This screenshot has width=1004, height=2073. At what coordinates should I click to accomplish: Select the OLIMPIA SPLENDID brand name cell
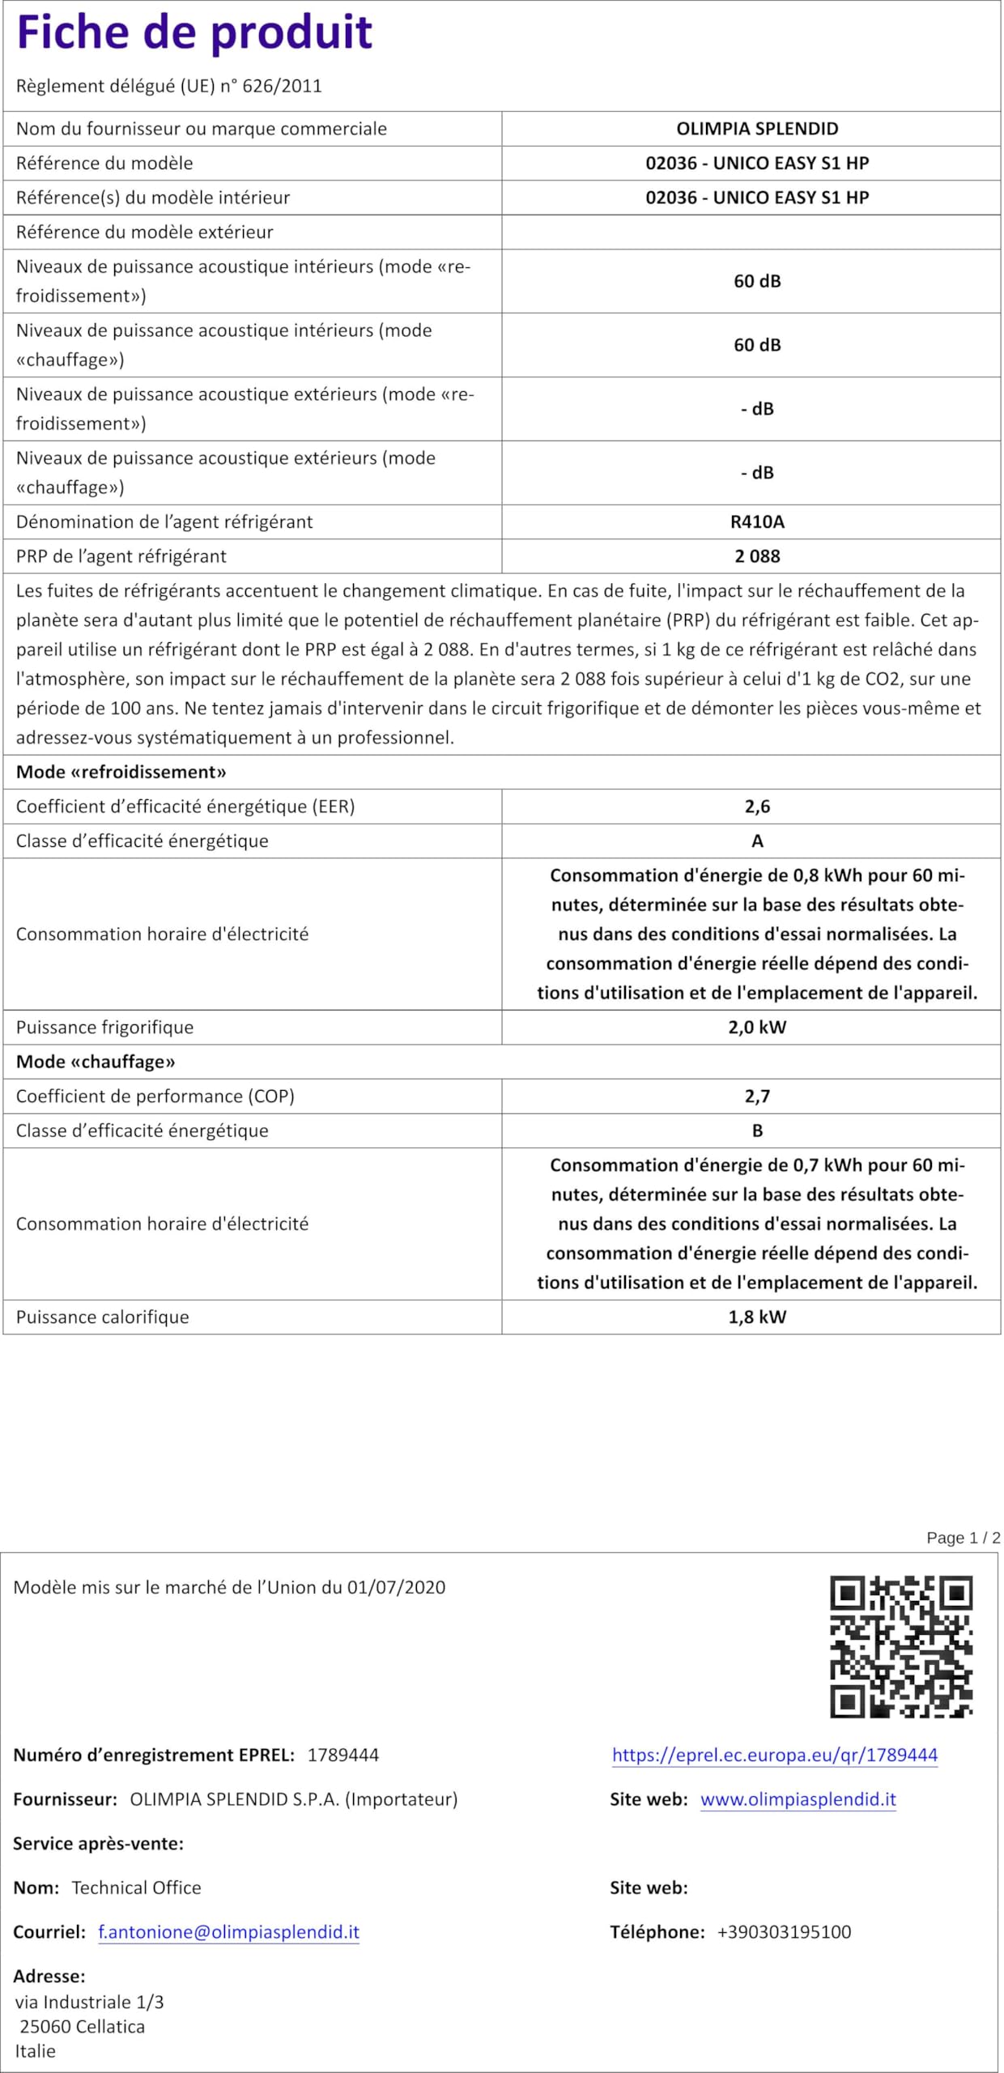[x=757, y=129]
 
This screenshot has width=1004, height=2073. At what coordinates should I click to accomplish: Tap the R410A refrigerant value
[x=757, y=522]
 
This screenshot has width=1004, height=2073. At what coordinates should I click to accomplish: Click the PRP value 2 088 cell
[x=757, y=556]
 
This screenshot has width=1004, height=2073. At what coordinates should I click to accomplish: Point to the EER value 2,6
[x=757, y=807]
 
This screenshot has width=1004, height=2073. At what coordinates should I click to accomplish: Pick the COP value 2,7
[x=757, y=1096]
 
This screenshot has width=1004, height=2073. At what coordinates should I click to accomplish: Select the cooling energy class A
[x=757, y=841]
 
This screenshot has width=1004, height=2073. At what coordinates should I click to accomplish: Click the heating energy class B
[x=757, y=1130]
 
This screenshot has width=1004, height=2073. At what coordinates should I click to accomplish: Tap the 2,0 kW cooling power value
[x=757, y=1028]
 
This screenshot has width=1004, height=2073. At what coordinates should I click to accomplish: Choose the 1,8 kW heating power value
[x=757, y=1317]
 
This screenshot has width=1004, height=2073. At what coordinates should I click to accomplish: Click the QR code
[x=901, y=1647]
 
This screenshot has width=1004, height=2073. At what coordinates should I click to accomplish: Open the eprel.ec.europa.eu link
[x=775, y=1755]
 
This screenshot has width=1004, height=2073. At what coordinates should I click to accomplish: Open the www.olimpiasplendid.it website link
[x=798, y=1799]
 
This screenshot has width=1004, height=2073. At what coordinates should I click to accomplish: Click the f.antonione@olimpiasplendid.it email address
[x=229, y=1932]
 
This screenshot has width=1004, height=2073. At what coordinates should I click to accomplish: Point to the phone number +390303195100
[x=784, y=1932]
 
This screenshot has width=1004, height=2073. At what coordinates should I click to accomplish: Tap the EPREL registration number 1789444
[x=343, y=1755]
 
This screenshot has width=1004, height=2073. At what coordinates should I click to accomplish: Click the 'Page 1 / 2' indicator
[x=964, y=1538]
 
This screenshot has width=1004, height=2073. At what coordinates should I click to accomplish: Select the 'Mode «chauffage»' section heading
[x=96, y=1062]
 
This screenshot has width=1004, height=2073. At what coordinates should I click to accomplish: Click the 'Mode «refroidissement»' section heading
[x=121, y=772]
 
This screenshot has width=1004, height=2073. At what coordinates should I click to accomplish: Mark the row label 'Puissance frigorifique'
[x=105, y=1028]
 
